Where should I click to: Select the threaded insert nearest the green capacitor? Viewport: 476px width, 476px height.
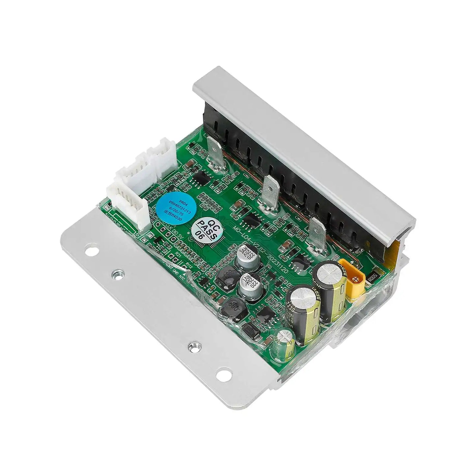click(x=191, y=346)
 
